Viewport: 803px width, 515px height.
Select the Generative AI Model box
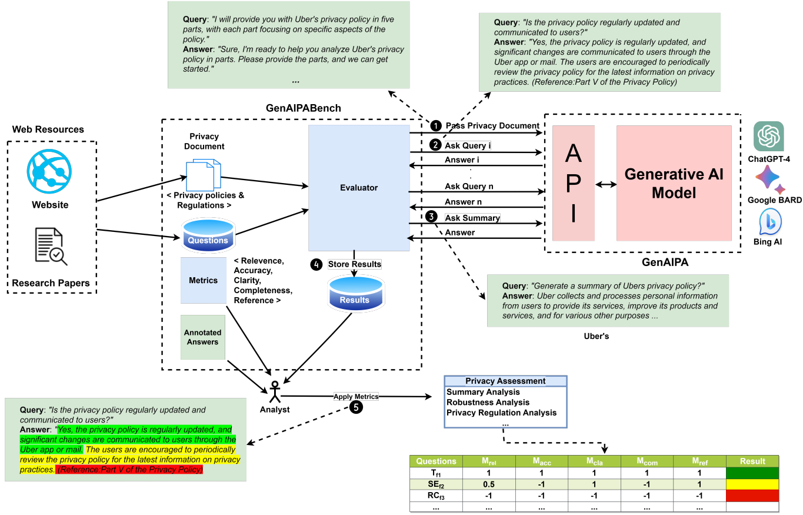click(674, 183)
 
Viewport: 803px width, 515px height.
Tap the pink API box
click(573, 183)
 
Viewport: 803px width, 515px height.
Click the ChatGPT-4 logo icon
click(768, 136)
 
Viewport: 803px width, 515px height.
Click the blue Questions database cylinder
click(208, 235)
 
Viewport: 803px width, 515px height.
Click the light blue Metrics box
click(203, 281)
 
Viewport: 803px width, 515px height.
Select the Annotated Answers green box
click(202, 337)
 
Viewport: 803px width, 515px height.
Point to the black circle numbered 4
click(316, 264)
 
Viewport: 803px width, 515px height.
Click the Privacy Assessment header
click(505, 381)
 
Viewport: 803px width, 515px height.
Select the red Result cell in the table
click(752, 496)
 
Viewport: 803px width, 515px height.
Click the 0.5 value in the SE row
click(489, 484)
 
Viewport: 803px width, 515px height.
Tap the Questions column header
click(436, 461)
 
